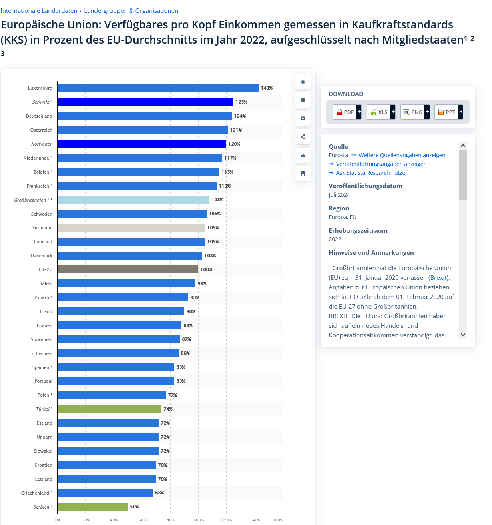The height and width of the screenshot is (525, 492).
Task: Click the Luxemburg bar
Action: coord(158,88)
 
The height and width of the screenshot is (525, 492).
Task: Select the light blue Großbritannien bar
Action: coord(133,200)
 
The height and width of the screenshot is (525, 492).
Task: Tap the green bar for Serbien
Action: coord(92,507)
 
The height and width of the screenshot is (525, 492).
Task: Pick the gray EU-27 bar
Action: coord(127,269)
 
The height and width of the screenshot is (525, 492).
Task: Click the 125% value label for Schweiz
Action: coord(241,102)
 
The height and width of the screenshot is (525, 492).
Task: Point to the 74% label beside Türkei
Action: coord(168,409)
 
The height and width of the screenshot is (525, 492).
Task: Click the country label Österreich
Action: coord(41,130)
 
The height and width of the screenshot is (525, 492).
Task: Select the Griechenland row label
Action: coord(35,493)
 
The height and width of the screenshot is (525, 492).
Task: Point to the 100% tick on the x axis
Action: coord(199,520)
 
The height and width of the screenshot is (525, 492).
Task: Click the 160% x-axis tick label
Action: coord(278,520)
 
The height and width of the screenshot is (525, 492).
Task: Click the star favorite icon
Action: coord(303,82)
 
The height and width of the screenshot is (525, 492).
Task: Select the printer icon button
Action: coord(303,174)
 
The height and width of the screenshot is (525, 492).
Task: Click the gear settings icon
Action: coord(303,118)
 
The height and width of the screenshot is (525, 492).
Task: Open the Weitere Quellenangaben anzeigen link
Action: coord(402,155)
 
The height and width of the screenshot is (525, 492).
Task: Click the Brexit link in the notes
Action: coord(438,277)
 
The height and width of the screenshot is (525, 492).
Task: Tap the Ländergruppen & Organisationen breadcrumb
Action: coord(131,11)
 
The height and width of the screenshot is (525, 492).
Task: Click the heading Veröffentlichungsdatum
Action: coord(365,186)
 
